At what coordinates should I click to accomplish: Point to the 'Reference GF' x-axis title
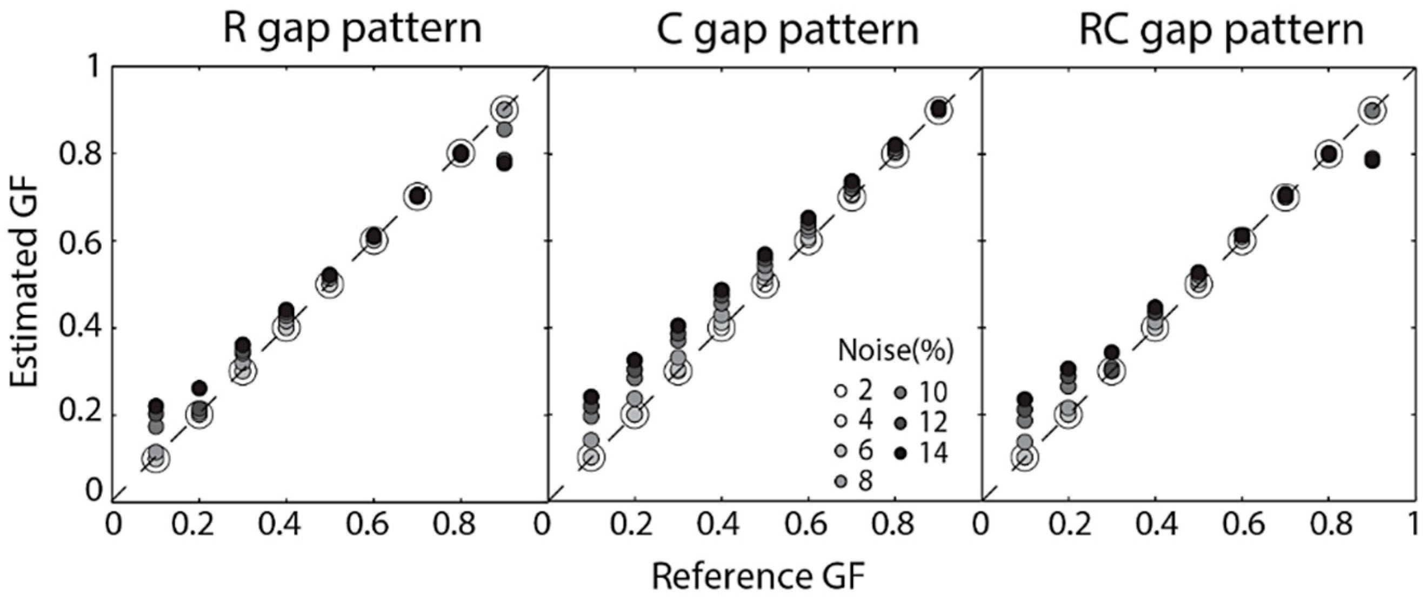point(758,576)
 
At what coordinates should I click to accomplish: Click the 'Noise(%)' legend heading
point(895,350)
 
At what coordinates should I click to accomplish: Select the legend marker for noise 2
point(841,392)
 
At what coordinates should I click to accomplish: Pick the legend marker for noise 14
point(899,453)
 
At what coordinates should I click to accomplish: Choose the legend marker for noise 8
point(841,482)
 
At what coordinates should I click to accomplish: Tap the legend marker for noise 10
point(899,393)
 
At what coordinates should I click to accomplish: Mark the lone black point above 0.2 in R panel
point(199,388)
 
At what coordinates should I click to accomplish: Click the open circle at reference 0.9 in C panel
point(938,110)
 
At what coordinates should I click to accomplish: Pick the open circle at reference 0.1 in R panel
point(156,458)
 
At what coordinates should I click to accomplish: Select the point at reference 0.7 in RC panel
point(1285,197)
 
